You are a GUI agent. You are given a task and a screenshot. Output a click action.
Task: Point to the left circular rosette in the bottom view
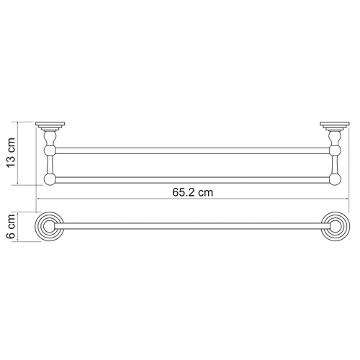point(49,230)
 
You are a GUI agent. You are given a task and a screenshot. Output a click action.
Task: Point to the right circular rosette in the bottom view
point(333,230)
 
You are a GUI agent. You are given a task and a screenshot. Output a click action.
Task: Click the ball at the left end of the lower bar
point(49,179)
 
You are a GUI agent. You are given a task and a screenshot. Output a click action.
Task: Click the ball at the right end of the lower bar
point(333,179)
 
